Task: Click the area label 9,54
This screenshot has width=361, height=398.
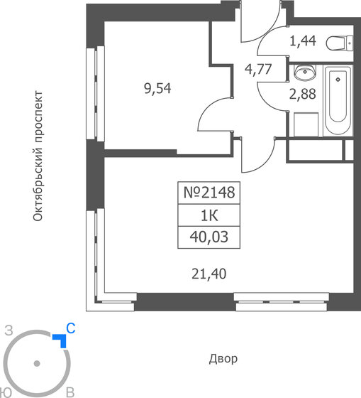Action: tap(157, 89)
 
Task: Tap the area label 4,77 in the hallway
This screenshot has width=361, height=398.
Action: tap(257, 70)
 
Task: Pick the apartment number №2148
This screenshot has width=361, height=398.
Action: tap(208, 192)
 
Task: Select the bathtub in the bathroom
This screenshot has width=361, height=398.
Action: tap(338, 103)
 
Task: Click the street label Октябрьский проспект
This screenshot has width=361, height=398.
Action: tap(40, 156)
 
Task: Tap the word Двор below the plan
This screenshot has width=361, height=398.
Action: tap(223, 359)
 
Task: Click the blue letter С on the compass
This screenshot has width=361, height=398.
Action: tap(70, 328)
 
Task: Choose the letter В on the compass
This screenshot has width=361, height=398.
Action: tap(70, 392)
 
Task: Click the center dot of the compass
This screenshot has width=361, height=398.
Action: tap(37, 364)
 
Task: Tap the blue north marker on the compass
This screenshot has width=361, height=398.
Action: tap(61, 340)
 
